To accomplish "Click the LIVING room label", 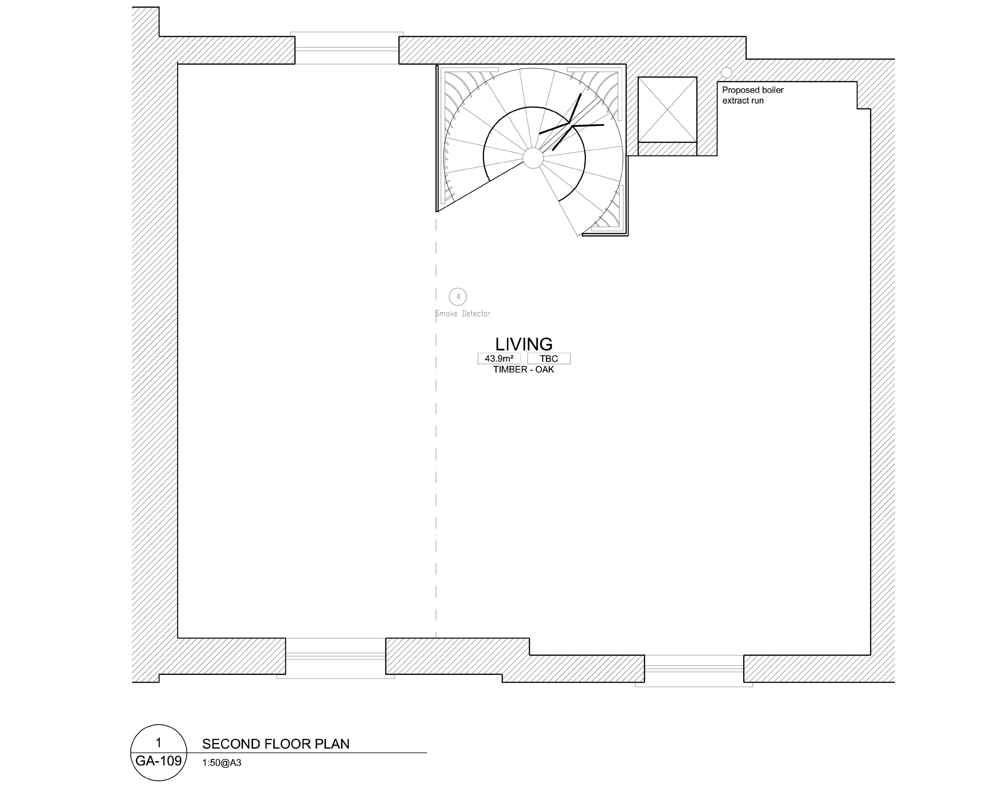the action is (524, 344).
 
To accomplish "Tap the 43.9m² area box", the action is (499, 359).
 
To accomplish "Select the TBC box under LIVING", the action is (549, 359).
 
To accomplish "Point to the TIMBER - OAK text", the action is (524, 370).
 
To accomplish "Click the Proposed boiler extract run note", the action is (753, 95).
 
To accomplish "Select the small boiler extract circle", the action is (726, 72).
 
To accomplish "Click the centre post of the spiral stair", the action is (532, 158).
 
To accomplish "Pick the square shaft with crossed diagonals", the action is (667, 110).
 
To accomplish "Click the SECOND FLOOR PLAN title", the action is (275, 744).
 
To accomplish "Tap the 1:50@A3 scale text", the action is (221, 763).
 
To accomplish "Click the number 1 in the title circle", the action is (158, 742).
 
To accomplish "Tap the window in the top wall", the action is (347, 48).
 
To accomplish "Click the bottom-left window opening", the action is (335, 658).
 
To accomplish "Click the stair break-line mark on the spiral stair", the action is (571, 123).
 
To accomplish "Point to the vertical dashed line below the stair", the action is (436, 425).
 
